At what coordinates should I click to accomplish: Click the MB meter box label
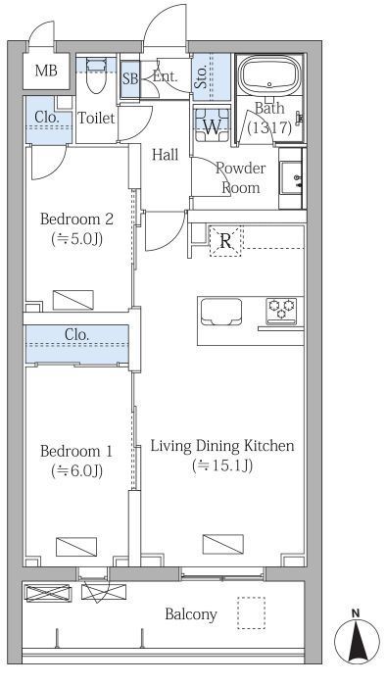tap(46, 71)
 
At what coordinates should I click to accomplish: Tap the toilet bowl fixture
tap(96, 74)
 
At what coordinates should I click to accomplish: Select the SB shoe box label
tap(129, 79)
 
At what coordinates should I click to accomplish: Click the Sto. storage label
tap(201, 77)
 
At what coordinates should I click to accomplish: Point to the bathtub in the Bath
tap(269, 75)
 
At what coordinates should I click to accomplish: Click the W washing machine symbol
tap(213, 124)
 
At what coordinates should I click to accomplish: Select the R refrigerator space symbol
tap(225, 241)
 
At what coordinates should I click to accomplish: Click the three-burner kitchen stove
tap(281, 311)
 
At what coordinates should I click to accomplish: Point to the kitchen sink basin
tap(221, 312)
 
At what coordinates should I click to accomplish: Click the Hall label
tap(165, 155)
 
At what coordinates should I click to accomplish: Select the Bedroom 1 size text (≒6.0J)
tap(76, 470)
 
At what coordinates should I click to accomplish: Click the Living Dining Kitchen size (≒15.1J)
tap(222, 465)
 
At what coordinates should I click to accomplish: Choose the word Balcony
tap(191, 615)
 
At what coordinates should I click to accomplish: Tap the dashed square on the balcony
tap(251, 612)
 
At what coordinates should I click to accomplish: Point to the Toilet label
tap(96, 118)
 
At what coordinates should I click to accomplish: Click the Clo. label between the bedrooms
tap(76, 335)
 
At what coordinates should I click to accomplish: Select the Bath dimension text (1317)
tap(269, 128)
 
